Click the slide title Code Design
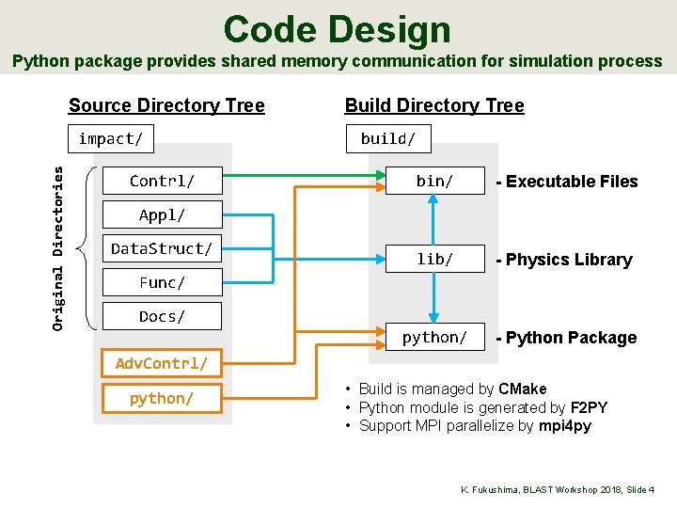coord(338,29)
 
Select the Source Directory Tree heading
coord(166,105)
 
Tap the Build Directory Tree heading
coord(433,105)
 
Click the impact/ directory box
coord(111,139)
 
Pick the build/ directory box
coord(388,139)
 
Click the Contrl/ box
coord(162,181)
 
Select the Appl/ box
coord(162,214)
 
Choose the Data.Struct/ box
coord(162,248)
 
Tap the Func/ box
coord(162,282)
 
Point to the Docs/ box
coord(162,316)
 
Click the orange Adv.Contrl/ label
coord(161,363)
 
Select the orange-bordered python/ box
coord(162,398)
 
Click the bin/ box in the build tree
coord(434,181)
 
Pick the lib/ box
coord(434,259)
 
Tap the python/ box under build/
coord(434,337)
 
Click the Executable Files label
coord(572,182)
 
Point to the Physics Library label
coord(569,260)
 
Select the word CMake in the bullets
coord(522,389)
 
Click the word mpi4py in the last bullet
coord(564,426)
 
